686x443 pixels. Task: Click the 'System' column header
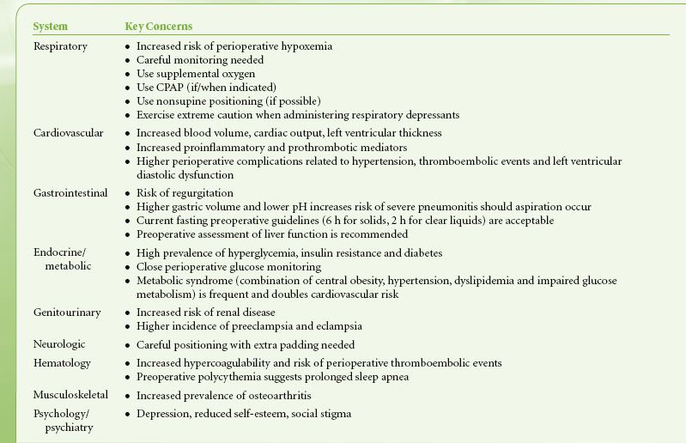coord(49,26)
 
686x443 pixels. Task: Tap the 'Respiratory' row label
coord(60,46)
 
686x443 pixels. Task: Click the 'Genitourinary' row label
coord(65,312)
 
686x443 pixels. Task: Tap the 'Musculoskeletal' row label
coord(71,396)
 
